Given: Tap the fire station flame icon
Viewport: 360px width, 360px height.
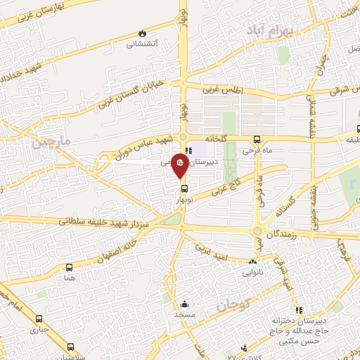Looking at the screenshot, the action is coord(143,33).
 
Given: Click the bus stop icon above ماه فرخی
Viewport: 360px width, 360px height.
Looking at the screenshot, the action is coord(257,139).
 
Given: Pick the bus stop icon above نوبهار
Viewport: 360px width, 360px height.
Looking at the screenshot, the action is coord(184,188).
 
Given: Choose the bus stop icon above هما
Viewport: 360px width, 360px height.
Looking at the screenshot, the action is coord(70,267).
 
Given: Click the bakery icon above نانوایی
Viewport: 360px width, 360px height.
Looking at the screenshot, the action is coord(252,262).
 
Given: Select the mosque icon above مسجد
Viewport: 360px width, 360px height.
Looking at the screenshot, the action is coord(184,304).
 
